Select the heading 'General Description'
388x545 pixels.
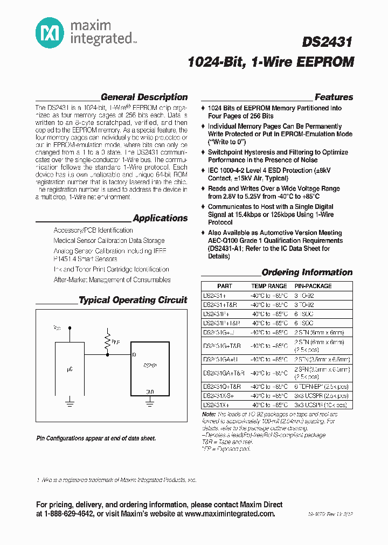point(144,97)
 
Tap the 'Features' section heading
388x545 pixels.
point(334,97)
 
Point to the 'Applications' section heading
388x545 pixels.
point(160,218)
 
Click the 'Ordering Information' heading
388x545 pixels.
point(307,272)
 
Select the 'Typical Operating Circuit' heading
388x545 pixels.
point(133,300)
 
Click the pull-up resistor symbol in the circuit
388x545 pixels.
point(107,340)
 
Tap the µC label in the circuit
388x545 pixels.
point(70,369)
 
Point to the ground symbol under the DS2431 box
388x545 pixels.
point(150,402)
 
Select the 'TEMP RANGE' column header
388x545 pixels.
point(269,286)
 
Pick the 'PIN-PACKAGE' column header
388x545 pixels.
point(313,286)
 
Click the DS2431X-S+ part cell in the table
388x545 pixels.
point(218,395)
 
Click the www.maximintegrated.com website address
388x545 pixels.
point(230,514)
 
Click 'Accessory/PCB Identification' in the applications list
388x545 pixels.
point(93,230)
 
